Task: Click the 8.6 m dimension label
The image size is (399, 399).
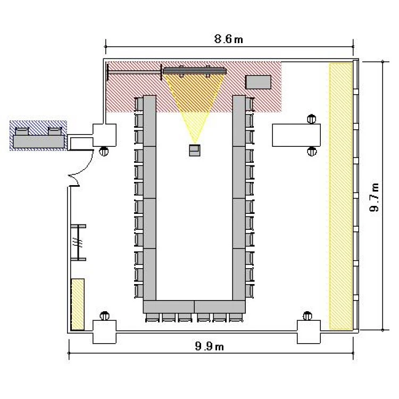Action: (229, 39)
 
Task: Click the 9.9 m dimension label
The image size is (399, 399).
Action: (209, 346)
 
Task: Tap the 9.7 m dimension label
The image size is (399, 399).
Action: (375, 197)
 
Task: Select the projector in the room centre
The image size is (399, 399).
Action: (195, 150)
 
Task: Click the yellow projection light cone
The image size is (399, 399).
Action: (195, 102)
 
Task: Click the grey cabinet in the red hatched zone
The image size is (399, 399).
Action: (258, 82)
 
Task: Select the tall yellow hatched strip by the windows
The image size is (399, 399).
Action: (340, 196)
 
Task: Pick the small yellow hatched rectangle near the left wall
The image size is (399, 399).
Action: (78, 304)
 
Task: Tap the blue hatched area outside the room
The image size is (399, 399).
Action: (38, 135)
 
